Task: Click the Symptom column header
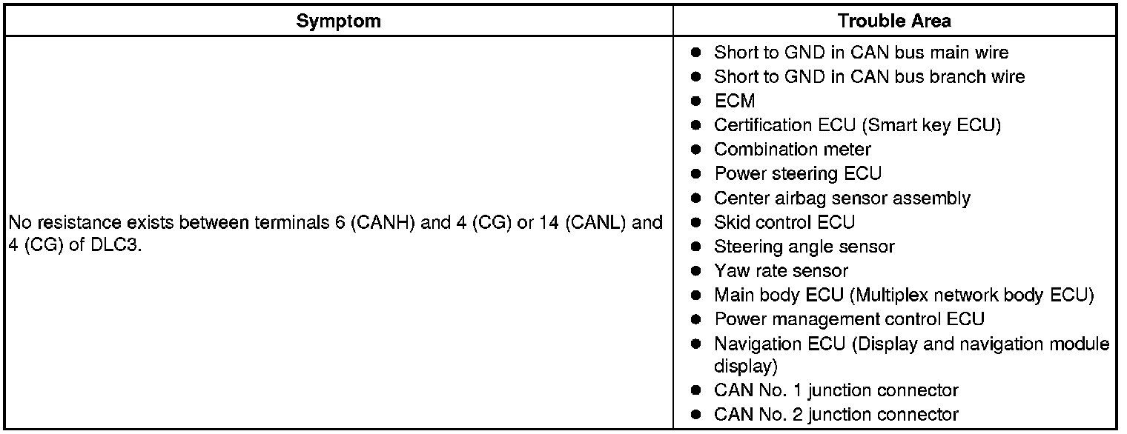coord(338,21)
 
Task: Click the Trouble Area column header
coord(894,21)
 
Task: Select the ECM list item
coord(734,101)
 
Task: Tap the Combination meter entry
coord(792,150)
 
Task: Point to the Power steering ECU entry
coord(797,174)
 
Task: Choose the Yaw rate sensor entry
coord(781,271)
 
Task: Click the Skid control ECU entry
coord(784,222)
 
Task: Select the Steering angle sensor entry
coord(804,247)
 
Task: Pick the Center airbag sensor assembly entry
coord(842,198)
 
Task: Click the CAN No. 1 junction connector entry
coord(836,390)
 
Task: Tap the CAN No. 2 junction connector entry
coord(836,415)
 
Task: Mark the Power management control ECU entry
coord(849,320)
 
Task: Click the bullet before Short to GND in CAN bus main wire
coord(695,53)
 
